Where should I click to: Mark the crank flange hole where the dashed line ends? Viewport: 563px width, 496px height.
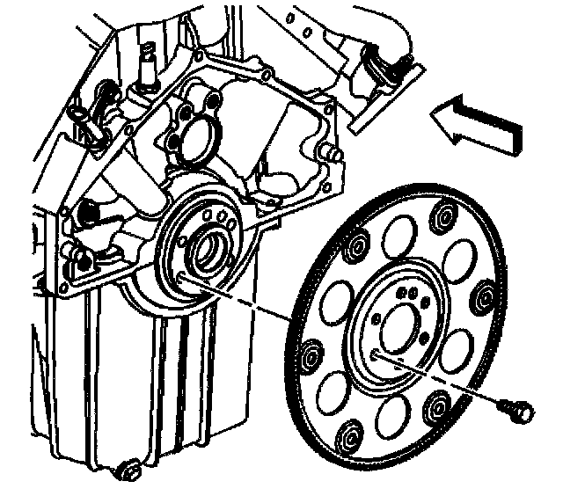pos(180,279)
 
